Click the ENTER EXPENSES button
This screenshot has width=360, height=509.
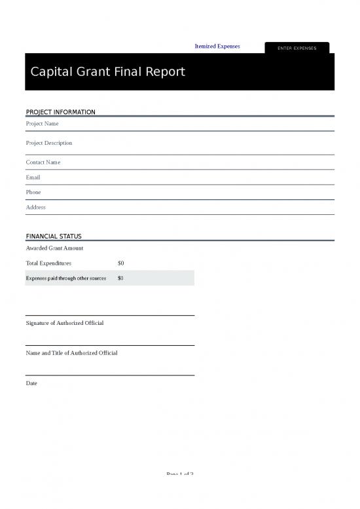(297, 48)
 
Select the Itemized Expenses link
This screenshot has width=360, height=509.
(217, 47)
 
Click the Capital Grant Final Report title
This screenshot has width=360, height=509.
(107, 71)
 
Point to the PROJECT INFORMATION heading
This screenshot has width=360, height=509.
(60, 112)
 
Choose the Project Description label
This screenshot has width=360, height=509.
(48, 143)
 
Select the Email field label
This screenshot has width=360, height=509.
(33, 178)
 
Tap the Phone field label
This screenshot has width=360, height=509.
(33, 193)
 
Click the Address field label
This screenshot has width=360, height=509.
(35, 207)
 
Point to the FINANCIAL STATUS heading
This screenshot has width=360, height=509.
(54, 236)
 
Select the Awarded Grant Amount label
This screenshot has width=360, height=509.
(54, 248)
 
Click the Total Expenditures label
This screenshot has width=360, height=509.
(48, 263)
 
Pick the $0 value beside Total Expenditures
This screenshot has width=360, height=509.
(120, 263)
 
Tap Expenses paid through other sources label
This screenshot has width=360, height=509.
(65, 278)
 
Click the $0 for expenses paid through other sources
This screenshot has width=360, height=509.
(120, 278)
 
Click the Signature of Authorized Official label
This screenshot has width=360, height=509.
(64, 323)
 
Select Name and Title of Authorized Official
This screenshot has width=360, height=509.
(71, 353)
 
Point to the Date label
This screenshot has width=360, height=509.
(31, 383)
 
